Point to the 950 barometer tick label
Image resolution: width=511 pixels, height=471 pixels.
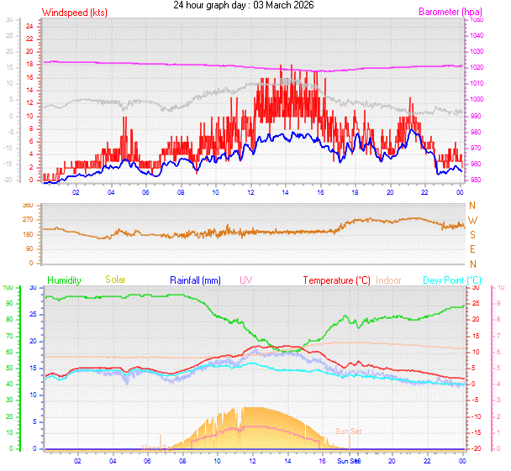click(x=477, y=180)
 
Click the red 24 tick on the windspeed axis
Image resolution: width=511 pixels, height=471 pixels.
click(x=29, y=25)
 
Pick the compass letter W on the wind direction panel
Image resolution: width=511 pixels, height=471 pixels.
click(x=472, y=221)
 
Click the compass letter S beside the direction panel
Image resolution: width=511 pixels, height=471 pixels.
click(x=472, y=235)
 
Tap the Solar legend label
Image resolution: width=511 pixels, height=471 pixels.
click(x=115, y=280)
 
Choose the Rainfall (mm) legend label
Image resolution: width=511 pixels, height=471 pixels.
click(x=195, y=280)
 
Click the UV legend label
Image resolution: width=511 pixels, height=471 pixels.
click(x=245, y=280)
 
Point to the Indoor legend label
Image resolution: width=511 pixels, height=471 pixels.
click(x=388, y=280)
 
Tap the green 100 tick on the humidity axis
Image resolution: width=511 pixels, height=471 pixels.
click(x=8, y=287)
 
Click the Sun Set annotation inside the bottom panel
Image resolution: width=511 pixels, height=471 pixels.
click(x=349, y=431)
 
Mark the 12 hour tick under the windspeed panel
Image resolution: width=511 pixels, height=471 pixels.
click(x=250, y=192)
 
